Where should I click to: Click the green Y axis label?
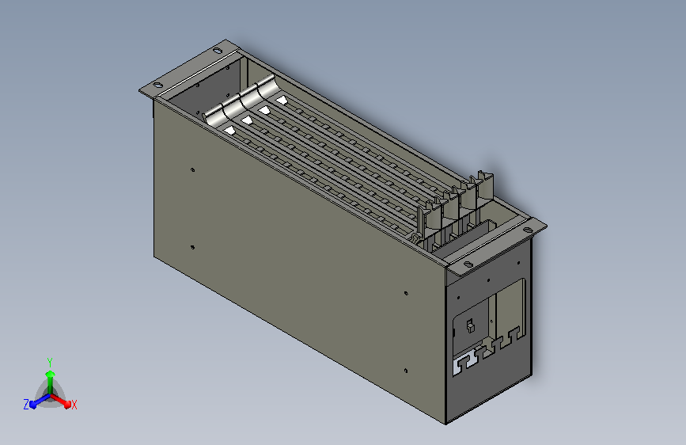(49, 360)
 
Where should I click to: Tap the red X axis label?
(74, 405)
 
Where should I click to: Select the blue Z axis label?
(26, 404)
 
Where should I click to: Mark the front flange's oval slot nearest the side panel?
(467, 264)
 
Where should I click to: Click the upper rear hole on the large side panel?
(193, 169)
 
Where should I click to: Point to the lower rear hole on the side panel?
(192, 247)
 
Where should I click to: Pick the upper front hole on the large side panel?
(406, 293)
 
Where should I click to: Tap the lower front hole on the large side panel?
(405, 370)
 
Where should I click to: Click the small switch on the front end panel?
(468, 325)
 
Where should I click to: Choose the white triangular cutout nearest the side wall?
(229, 129)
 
